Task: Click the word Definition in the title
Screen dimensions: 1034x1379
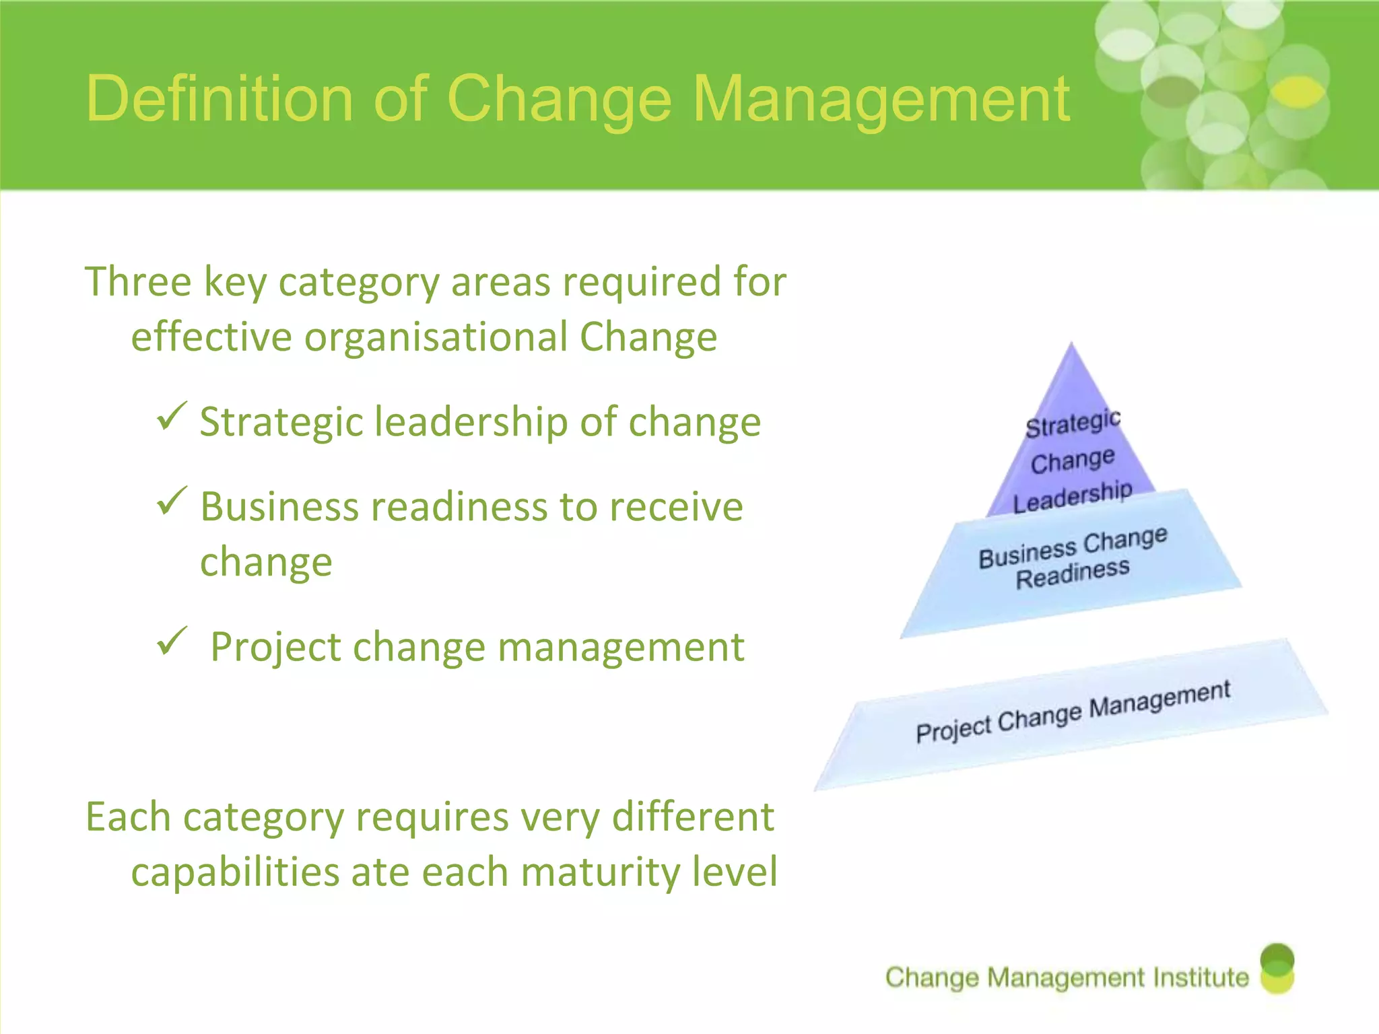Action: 220,99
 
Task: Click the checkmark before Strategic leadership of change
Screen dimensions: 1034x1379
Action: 171,417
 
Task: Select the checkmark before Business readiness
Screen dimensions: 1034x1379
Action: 171,502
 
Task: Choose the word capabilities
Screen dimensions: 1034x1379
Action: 236,873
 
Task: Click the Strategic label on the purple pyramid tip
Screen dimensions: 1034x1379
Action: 1073,423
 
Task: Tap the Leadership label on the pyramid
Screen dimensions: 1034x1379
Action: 1073,496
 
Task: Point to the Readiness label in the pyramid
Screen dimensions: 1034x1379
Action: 1072,574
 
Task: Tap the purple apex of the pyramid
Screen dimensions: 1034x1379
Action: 1071,377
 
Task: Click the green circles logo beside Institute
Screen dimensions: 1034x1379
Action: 1277,968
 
